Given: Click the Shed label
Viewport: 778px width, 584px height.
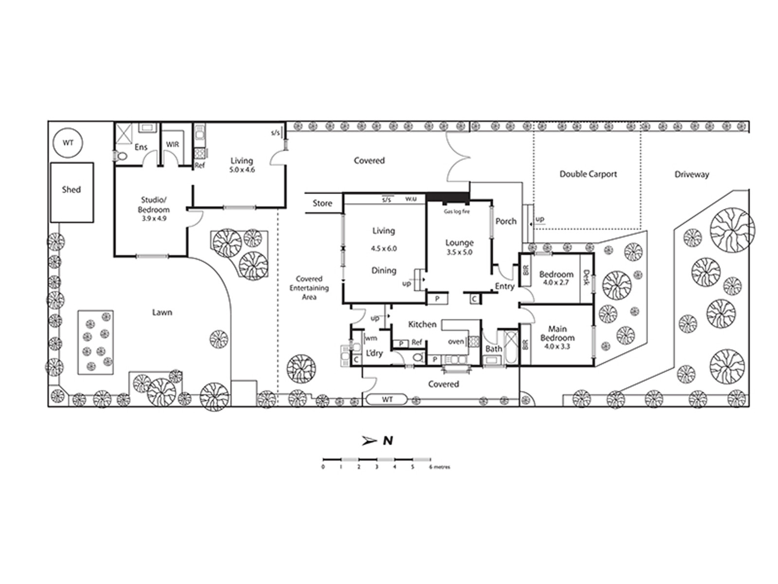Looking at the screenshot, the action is click(x=71, y=189).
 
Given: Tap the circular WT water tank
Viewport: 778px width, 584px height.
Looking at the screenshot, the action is click(x=68, y=143).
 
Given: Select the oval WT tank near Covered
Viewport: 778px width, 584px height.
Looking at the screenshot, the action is click(x=387, y=399).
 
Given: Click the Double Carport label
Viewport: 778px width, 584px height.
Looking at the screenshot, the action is click(x=588, y=174).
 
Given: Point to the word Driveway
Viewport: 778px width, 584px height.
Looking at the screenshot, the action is click(x=691, y=174).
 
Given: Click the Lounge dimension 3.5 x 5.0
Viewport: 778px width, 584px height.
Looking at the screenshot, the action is click(x=460, y=253).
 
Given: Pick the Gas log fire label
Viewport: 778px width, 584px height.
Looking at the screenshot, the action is click(x=457, y=212).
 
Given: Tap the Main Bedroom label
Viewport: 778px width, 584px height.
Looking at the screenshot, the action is click(x=557, y=333).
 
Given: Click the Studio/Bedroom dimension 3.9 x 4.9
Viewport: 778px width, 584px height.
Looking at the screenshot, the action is click(x=154, y=219).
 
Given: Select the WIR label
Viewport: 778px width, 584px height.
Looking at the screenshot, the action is click(x=173, y=145).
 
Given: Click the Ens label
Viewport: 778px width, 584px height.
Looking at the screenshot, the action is click(x=141, y=147).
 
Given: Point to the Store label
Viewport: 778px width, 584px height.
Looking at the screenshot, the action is click(x=322, y=203).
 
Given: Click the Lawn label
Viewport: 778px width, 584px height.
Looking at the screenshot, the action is click(x=162, y=312).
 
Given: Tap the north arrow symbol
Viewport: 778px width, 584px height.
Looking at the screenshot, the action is click(x=370, y=441).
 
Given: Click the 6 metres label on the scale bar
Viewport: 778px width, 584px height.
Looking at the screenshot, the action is click(x=440, y=467).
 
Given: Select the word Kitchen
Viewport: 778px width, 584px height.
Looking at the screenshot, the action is click(x=422, y=324).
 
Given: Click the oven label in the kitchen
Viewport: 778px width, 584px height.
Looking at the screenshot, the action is click(x=456, y=342).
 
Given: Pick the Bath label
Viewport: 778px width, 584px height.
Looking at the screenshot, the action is click(x=494, y=348).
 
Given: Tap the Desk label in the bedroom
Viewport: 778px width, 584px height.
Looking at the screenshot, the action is click(x=585, y=278).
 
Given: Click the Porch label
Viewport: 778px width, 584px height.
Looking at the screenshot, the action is click(x=506, y=221).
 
